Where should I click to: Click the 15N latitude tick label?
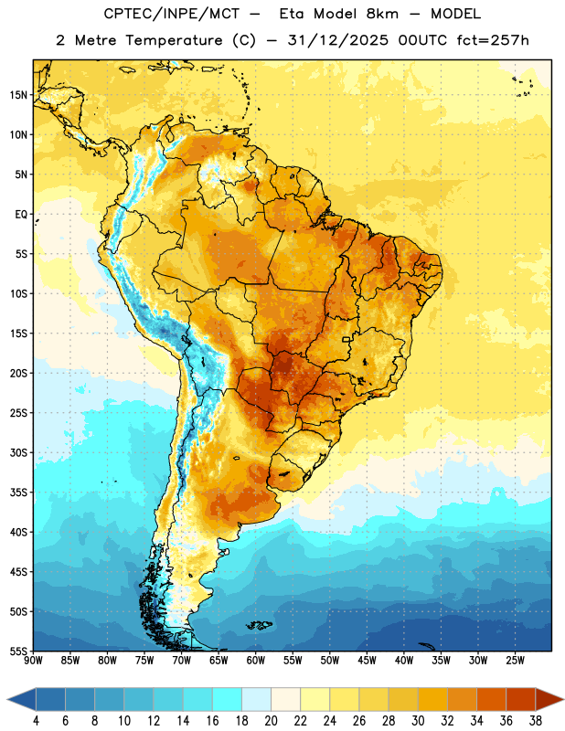tap(18, 95)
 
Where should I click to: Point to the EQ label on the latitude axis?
tap(21, 215)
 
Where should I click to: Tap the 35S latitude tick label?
tap(18, 493)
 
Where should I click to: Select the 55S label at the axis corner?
tap(18, 651)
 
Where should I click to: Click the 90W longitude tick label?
tap(33, 661)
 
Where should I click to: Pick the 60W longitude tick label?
tap(256, 661)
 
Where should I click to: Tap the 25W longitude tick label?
tap(515, 661)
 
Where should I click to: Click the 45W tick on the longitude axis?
tap(367, 661)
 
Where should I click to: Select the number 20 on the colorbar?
tap(271, 721)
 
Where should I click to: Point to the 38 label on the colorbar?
tap(536, 721)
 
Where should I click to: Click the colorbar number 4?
tap(36, 721)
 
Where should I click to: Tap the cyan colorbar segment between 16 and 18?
tap(227, 699)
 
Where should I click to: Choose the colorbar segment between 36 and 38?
tap(521, 699)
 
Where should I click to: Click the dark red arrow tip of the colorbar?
tap(562, 699)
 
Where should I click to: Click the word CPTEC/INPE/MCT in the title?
tap(172, 14)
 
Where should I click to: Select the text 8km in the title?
tap(382, 14)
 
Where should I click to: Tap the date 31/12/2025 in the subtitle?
tap(337, 40)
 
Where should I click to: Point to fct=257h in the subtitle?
tap(493, 40)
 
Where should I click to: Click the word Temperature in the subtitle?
tap(174, 41)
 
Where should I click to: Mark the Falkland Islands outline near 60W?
tap(259, 625)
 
